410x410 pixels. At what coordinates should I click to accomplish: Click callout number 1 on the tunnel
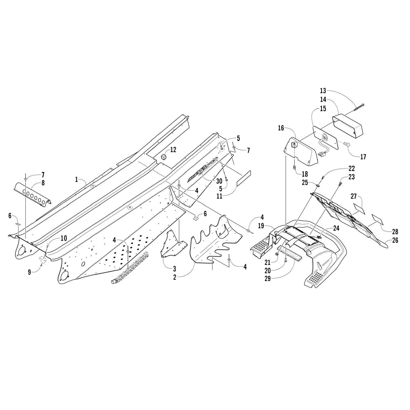click(x=77, y=180)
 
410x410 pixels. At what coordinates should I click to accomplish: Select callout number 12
click(x=173, y=150)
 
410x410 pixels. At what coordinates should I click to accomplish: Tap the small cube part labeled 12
click(x=164, y=156)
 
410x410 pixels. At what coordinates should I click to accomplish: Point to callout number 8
click(x=43, y=183)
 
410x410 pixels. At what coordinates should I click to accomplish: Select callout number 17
click(x=363, y=157)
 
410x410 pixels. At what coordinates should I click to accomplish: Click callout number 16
click(x=281, y=128)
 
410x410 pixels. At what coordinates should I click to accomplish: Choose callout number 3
click(x=174, y=269)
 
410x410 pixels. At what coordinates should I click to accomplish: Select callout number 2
click(x=174, y=277)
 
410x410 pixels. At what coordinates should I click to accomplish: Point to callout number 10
click(x=63, y=238)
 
